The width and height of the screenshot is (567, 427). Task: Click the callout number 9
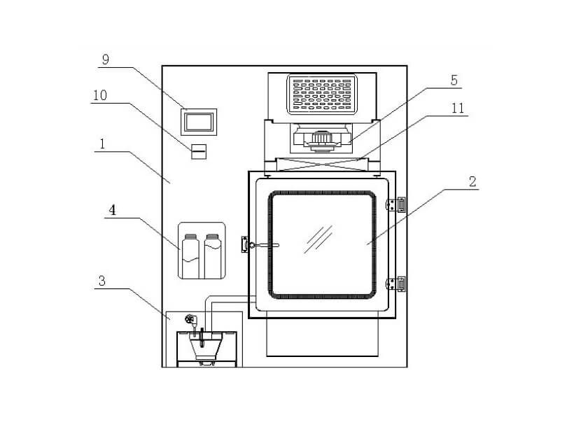tap(105, 59)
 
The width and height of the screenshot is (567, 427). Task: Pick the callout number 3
tap(102, 280)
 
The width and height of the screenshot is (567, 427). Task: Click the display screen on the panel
tap(199, 122)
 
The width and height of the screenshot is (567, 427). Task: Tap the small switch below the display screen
tap(199, 150)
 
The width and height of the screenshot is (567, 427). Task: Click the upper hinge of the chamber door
tap(398, 204)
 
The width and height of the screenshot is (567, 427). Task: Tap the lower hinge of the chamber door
tap(398, 283)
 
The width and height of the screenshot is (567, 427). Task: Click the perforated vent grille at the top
tap(322, 94)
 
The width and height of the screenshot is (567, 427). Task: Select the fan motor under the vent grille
tap(323, 139)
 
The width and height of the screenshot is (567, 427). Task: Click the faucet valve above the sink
tap(190, 320)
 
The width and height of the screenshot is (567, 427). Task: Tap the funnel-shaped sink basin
tap(204, 347)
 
